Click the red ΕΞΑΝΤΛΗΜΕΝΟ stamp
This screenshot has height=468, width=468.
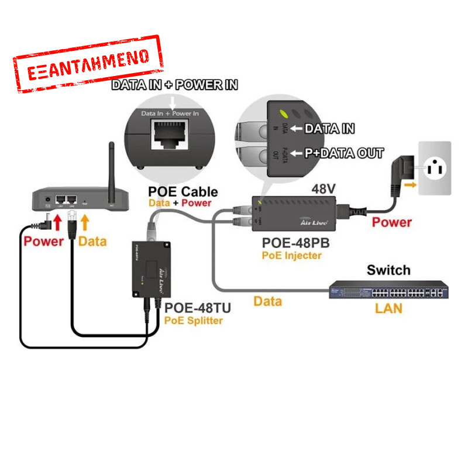pos(88,64)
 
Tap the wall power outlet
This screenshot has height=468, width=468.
pos(434,168)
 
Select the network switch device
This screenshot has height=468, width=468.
pos(388,291)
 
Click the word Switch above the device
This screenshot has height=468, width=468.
pos(388,270)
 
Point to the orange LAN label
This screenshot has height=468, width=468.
pos(388,308)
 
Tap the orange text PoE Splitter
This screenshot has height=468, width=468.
pos(193,321)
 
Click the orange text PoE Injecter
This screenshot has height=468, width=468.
pos(292,254)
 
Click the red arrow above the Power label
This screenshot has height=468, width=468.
pos(57,222)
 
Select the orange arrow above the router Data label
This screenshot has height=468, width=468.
pos(86,222)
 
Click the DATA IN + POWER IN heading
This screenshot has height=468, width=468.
pos(174,85)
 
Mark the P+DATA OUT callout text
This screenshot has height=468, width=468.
pos(344,153)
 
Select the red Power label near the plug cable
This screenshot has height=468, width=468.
pos(392,222)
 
